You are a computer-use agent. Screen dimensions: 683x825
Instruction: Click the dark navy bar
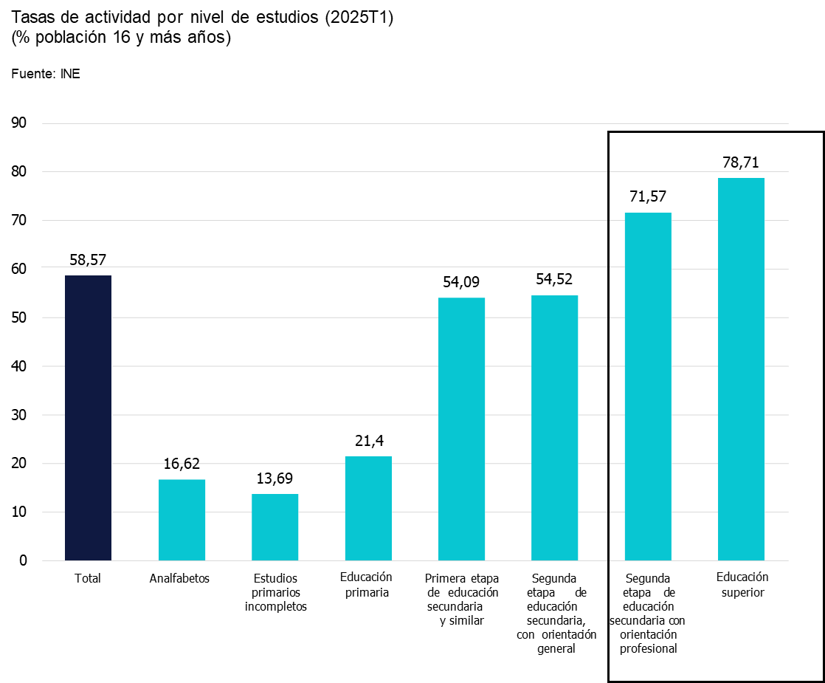point(88,418)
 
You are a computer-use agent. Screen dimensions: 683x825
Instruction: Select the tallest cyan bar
point(741,369)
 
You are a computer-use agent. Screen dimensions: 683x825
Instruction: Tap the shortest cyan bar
point(275,527)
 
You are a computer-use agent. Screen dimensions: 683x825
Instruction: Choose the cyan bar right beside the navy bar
point(182,520)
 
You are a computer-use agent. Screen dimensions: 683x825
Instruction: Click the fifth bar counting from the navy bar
point(461,429)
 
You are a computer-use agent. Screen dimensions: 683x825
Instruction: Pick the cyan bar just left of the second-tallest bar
point(555,428)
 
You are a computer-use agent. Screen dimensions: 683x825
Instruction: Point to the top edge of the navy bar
point(88,276)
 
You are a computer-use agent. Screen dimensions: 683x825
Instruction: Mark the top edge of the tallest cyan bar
point(741,179)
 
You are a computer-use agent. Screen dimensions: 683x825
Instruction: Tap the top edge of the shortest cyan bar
point(275,495)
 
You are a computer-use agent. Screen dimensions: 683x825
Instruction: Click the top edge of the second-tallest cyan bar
point(648,213)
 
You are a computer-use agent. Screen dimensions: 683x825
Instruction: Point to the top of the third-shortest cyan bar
point(368,457)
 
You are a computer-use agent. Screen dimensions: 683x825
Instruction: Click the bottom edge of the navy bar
point(88,560)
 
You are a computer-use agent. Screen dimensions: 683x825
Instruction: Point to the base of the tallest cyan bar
point(741,560)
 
